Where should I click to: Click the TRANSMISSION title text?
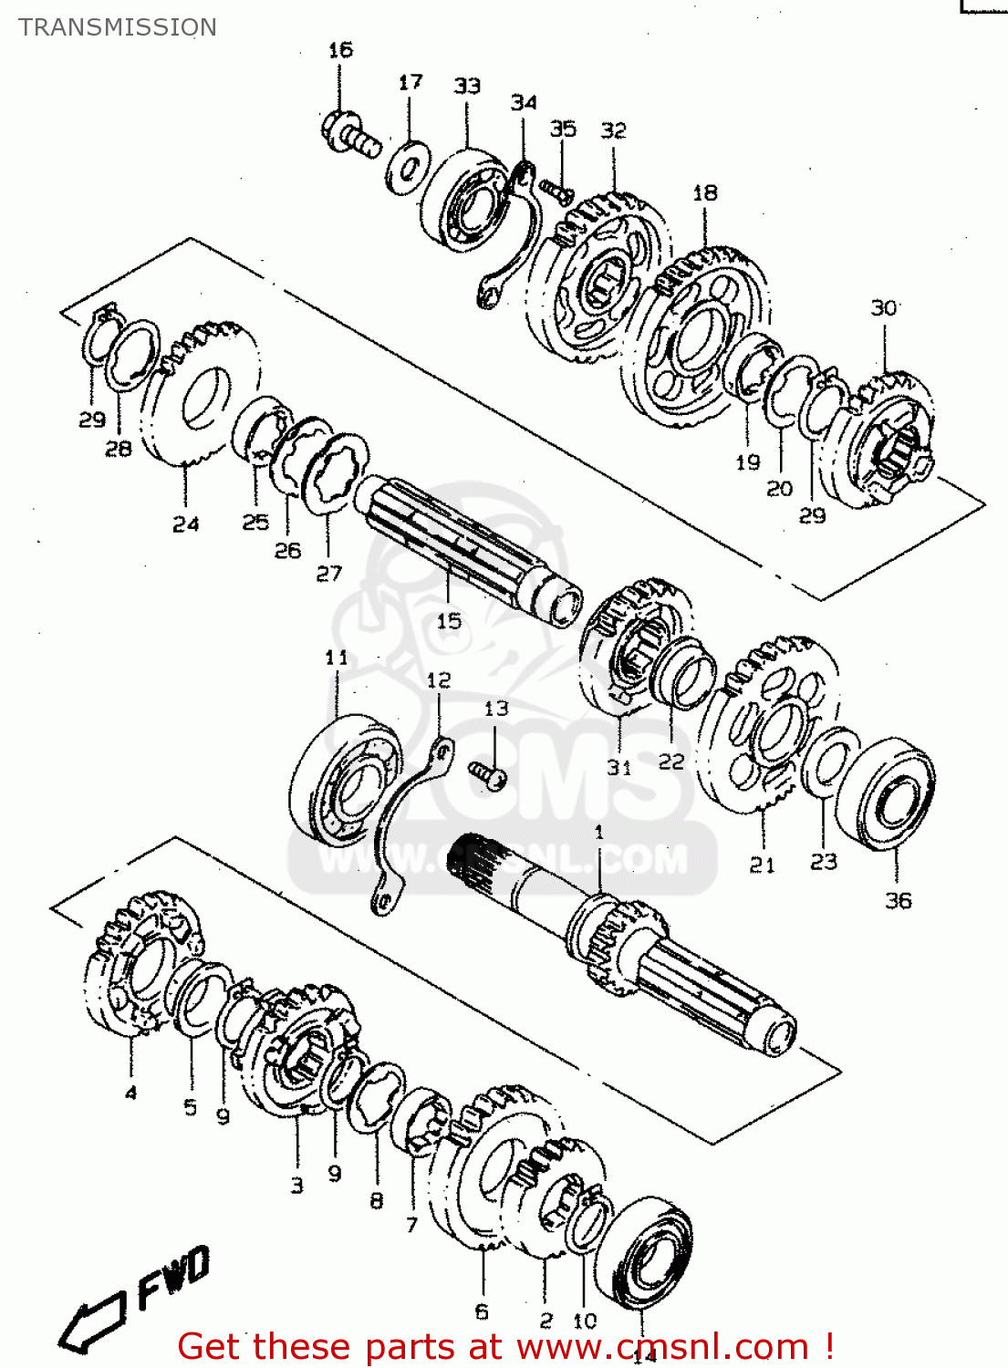coord(118,27)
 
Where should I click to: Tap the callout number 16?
coord(340,50)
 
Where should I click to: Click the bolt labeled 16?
coord(350,134)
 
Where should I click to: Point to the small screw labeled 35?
coord(556,189)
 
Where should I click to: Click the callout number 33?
coord(467,86)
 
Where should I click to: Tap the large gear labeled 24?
coord(201,392)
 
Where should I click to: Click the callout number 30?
coord(884,308)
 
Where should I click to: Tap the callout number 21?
coord(763,865)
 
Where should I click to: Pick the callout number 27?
coord(328,574)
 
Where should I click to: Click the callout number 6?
coord(482,1311)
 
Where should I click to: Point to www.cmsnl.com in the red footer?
coord(662,1347)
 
